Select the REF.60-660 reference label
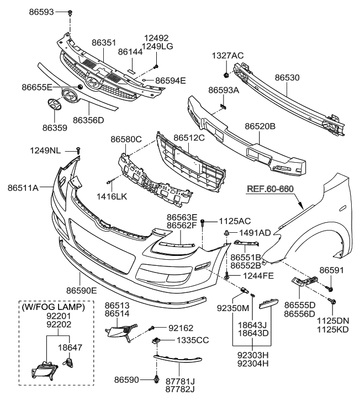pos(271,188)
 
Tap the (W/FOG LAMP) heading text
pos(52,307)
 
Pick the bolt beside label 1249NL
pos(78,150)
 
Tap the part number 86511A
pos(23,188)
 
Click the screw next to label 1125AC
pos(203,222)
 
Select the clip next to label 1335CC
pos(157,341)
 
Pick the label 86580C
pos(126,139)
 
